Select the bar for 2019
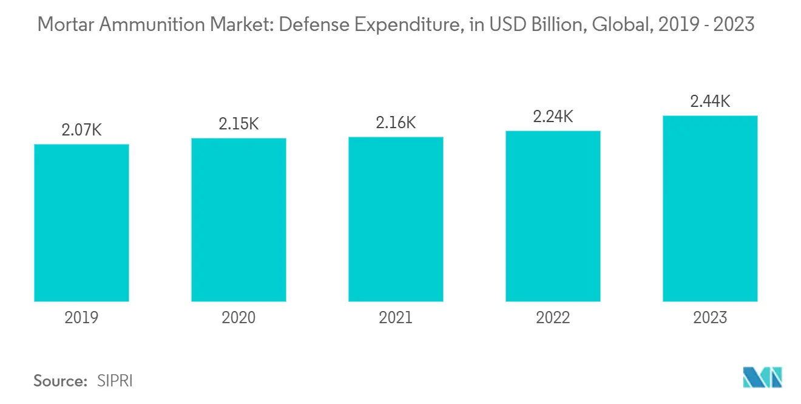[81, 223]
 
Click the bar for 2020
[238, 220]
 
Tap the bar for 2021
[396, 219]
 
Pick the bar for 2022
[553, 216]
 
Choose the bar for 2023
[710, 208]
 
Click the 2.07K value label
[81, 129]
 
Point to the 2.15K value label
[238, 123]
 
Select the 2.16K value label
[396, 122]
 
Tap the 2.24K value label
[553, 116]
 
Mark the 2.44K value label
[710, 101]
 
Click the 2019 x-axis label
[81, 318]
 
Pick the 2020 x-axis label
[238, 318]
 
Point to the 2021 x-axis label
[396, 318]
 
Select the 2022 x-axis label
[553, 318]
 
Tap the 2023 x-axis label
[710, 318]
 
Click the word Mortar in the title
[63, 25]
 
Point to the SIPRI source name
[115, 381]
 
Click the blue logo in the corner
[762, 377]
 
